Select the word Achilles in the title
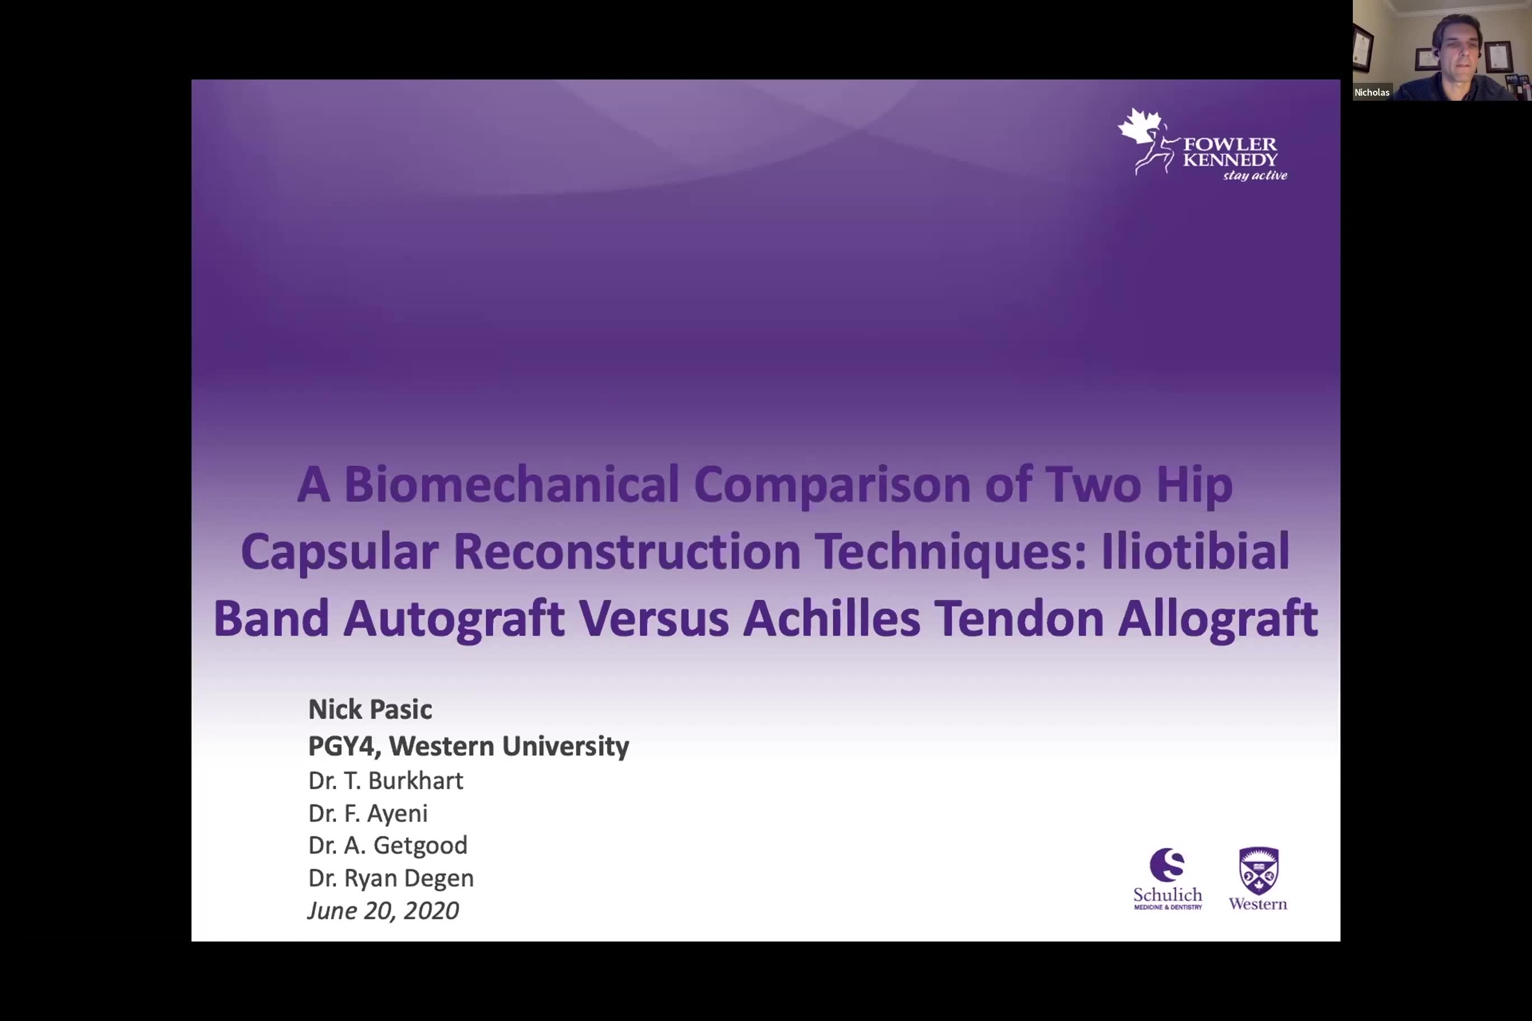832,618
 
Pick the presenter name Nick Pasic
370,709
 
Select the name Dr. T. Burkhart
386,781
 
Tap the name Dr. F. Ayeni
368,813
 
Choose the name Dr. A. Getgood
387,845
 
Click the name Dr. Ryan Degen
391,878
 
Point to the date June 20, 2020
383,910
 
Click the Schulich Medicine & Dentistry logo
1167,878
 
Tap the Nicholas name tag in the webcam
1372,92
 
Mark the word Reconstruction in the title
627,551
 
